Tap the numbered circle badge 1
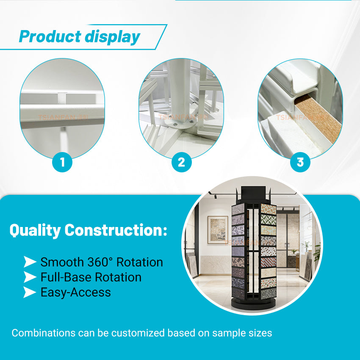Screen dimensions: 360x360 tap(62, 162)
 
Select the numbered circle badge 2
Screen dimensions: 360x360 tap(181, 162)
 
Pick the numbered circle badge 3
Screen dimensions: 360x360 tap(300, 162)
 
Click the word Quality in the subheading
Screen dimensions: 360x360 tap(35, 230)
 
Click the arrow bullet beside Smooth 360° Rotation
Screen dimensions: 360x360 tap(29, 262)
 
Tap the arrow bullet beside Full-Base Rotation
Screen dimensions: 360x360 tap(29, 277)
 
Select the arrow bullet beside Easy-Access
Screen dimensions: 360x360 tap(29, 292)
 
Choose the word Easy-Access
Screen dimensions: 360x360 tap(75, 292)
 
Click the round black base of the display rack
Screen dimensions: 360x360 tap(253, 304)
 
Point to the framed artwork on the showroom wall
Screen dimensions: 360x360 tap(218, 230)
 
